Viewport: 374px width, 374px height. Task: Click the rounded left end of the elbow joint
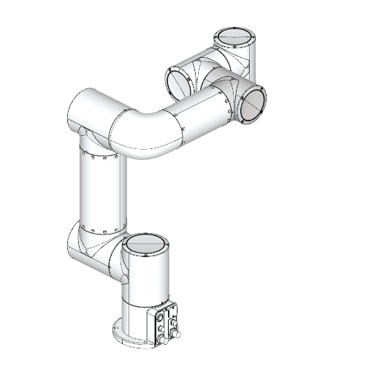(x=77, y=110)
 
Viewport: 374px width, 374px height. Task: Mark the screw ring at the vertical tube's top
(x=99, y=156)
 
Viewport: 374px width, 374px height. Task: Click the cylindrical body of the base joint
(x=146, y=278)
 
